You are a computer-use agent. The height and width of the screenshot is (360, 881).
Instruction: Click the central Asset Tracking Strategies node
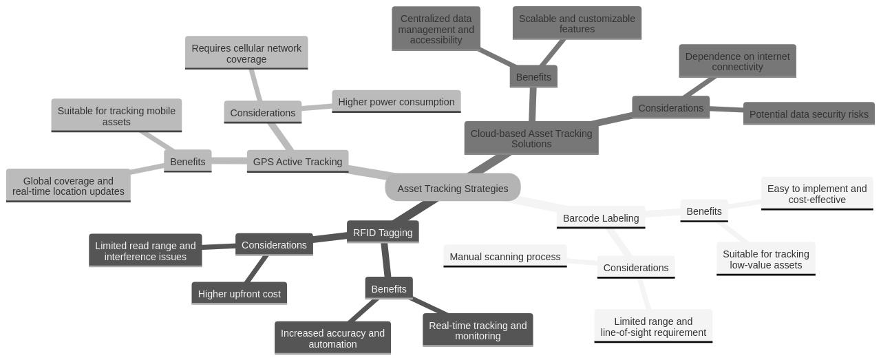pos(452,188)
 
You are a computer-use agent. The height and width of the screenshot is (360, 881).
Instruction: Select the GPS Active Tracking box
pos(297,162)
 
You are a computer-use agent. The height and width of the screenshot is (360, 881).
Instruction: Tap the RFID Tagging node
pos(382,232)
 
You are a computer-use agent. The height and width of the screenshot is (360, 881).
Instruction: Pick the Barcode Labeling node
pos(600,218)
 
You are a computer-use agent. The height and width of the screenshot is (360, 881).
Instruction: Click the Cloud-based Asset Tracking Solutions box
pos(531,138)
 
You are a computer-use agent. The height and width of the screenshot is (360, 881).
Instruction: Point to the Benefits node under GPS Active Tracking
pos(187,162)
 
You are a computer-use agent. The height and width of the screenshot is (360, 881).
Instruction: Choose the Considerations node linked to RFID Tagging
pos(274,245)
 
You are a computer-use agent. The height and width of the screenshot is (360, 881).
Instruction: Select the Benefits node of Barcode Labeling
pos(703,211)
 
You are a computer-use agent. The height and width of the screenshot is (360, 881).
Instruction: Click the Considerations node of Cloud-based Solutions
pos(670,108)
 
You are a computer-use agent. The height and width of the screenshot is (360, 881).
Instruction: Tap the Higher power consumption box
pos(396,102)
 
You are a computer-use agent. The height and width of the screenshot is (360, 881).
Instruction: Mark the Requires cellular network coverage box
pos(246,54)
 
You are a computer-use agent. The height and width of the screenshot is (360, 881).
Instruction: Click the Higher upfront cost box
pos(239,294)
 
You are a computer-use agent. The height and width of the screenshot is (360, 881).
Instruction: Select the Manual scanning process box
pos(505,257)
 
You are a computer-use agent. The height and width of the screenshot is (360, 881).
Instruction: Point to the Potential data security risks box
pos(808,114)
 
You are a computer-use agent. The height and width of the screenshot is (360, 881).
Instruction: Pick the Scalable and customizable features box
pos(577,23)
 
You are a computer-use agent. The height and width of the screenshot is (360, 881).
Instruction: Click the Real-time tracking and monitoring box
pos(478,330)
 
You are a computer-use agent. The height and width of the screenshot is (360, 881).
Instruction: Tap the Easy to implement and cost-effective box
pos(816,194)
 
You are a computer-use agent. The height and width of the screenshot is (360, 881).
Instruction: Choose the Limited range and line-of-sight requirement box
pos(652,327)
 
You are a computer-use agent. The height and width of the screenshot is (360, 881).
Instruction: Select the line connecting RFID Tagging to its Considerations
pos(330,237)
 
